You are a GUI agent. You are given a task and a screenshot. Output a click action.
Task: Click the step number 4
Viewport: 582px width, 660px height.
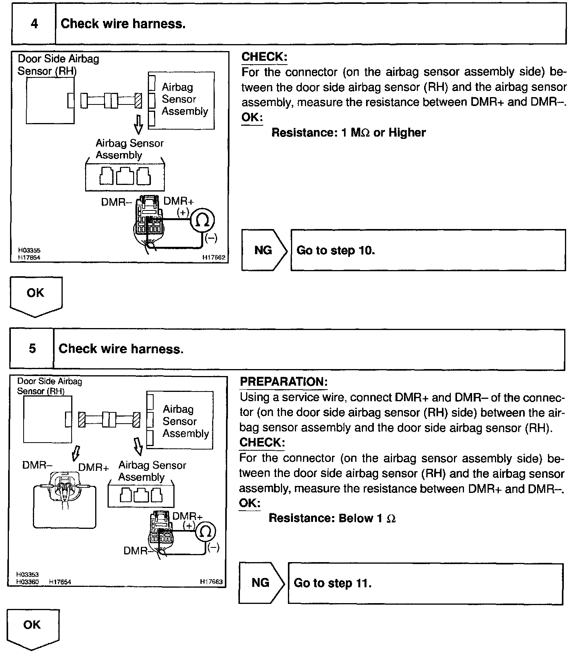[x=34, y=24]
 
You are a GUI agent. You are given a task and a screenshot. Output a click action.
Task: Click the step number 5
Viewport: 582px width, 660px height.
[x=33, y=349]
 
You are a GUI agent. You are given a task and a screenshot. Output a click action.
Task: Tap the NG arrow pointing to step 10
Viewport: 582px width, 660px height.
[x=265, y=250]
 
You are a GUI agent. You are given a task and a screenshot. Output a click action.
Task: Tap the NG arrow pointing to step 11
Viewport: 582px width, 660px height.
[x=262, y=583]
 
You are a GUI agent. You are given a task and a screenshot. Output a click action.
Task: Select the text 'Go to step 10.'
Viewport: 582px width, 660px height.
[x=336, y=250]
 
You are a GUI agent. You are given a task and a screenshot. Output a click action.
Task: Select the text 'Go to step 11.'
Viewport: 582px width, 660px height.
[x=333, y=583]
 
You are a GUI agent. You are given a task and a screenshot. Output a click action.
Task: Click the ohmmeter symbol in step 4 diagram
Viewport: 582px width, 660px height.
[x=202, y=221]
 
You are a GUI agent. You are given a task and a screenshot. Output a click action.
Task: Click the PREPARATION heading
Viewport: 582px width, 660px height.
[x=284, y=382]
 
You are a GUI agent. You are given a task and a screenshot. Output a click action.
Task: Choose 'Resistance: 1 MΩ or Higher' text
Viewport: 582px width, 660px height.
[x=348, y=133]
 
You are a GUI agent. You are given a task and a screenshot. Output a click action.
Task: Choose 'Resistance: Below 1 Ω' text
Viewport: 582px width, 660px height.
[x=332, y=518]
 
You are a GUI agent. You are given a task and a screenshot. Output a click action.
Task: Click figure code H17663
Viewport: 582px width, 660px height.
[x=211, y=581]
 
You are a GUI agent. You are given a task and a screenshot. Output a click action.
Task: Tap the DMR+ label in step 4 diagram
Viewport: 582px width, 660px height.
[x=179, y=201]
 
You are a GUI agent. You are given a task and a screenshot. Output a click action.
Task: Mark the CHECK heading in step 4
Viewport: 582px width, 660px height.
[x=264, y=57]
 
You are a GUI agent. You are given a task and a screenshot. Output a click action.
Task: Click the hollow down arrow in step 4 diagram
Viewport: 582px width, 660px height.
[x=138, y=124]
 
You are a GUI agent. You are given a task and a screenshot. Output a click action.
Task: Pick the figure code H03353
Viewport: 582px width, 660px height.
[x=27, y=575]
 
